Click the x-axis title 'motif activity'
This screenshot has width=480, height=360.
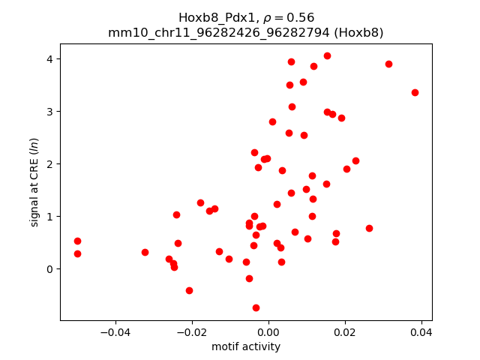tap(246, 346)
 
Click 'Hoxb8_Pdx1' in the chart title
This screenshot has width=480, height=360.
tap(211, 17)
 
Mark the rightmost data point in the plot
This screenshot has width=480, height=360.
tap(415, 92)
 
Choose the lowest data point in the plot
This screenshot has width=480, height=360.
tap(256, 307)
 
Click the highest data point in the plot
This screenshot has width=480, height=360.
tap(327, 55)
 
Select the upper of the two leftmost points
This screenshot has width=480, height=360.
tap(77, 241)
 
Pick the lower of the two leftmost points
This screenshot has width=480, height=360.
tap(77, 253)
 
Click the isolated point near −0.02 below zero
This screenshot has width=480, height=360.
tap(189, 290)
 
